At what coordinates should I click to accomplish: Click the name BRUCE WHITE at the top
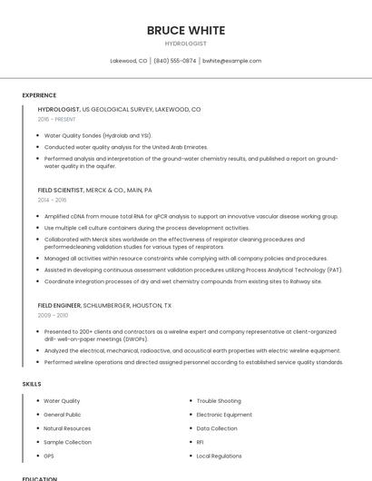pos(185,30)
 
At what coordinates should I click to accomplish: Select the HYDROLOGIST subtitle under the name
pos(185,44)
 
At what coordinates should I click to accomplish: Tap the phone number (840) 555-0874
pos(175,61)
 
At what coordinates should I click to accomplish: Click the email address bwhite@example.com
pos(231,61)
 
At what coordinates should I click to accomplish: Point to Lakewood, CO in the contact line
pos(129,61)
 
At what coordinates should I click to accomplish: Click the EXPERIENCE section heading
pos(39,95)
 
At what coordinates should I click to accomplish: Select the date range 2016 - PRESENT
pos(56,119)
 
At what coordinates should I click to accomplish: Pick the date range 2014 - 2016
pos(52,200)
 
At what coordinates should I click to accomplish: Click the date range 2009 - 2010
pos(52,315)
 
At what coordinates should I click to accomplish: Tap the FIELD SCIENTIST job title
pos(60,191)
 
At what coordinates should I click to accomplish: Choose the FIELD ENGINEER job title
pos(59,306)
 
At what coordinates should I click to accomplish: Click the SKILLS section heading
pos(32,384)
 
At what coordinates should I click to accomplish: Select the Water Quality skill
pos(62,401)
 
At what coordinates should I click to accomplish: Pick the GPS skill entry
pos(49,456)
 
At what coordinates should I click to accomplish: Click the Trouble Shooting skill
pos(219,401)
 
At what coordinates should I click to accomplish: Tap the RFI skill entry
pos(200,442)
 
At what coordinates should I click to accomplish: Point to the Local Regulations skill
pos(219,456)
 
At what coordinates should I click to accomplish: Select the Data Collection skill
pos(217,428)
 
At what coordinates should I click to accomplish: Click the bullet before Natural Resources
pos(36,428)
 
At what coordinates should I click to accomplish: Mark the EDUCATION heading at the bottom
pos(39,478)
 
